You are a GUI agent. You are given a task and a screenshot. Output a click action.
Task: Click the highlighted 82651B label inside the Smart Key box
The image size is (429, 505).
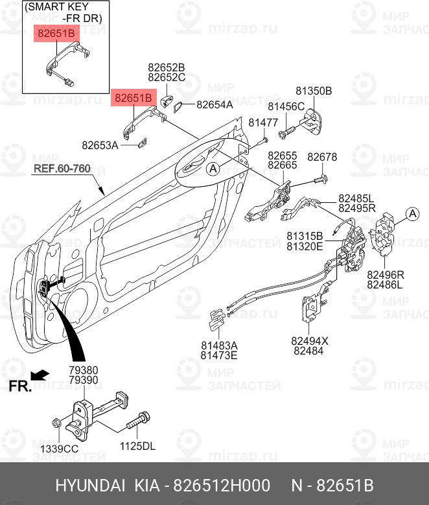pos(56,33)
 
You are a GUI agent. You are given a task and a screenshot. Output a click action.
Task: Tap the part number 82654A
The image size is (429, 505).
pos(214,104)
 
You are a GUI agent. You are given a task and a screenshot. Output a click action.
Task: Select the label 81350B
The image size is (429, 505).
pos(314,91)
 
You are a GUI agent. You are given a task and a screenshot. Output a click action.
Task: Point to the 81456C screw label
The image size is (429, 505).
pos(286,106)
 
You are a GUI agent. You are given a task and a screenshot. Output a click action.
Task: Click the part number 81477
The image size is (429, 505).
pos(263,123)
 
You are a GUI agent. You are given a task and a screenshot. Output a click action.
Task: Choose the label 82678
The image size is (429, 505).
pos(322,157)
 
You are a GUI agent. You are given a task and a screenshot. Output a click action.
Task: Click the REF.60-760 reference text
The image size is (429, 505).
pos(62,169)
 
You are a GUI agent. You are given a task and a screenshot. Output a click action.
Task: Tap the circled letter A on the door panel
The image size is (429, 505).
pos(213,169)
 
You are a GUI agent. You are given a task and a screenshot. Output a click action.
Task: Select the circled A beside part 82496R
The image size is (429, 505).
pos(413,214)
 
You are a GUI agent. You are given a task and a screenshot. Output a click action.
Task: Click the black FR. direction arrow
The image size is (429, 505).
pos(40,375)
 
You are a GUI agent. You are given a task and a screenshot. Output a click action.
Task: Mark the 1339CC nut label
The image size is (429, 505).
pos(59,449)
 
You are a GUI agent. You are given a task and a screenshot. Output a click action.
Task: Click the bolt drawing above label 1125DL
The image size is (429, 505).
pos(138,421)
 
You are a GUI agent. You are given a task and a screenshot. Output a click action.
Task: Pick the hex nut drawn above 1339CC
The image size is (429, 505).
pos(56,422)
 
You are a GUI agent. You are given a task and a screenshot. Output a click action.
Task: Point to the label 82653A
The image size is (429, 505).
pos(100,145)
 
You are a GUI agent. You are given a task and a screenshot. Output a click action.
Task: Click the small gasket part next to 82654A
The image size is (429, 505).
pos(178,106)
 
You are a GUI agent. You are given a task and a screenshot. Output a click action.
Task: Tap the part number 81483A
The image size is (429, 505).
pos(219,346)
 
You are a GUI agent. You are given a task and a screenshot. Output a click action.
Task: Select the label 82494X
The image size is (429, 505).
pos(310,341)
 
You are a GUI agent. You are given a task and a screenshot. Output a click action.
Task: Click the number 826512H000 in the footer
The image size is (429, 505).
pos(222,486)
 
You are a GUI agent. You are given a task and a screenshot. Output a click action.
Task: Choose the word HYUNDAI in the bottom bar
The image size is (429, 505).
pos(90,486)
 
